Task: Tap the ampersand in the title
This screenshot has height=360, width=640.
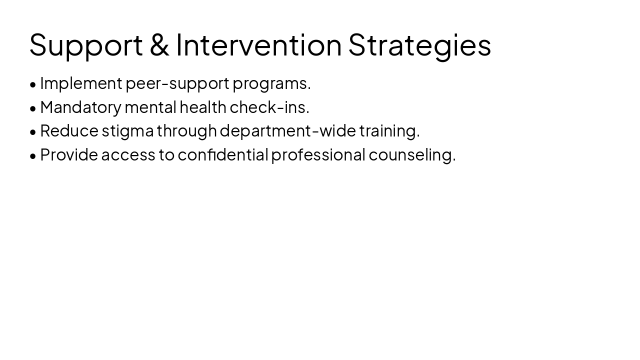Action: pyautogui.click(x=159, y=44)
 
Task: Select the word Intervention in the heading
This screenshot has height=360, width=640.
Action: pyautogui.click(x=258, y=44)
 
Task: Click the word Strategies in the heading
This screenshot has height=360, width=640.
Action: pyautogui.click(x=419, y=45)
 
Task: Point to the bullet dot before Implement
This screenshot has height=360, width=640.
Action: pyautogui.click(x=33, y=84)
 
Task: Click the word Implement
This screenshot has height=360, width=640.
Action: pyautogui.click(x=81, y=83)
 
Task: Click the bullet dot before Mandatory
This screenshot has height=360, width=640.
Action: pyautogui.click(x=33, y=108)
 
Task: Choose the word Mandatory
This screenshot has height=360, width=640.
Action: pyautogui.click(x=81, y=107)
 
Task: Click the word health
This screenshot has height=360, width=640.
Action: pyautogui.click(x=202, y=106)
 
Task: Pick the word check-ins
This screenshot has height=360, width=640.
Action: pyautogui.click(x=269, y=106)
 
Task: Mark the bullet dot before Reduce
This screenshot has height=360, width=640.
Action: pyautogui.click(x=33, y=132)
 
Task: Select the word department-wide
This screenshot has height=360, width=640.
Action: pyautogui.click(x=287, y=130)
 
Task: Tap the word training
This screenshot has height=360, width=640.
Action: pyautogui.click(x=389, y=131)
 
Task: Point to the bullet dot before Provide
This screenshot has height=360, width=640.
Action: pyautogui.click(x=33, y=156)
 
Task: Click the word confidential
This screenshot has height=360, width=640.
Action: pyautogui.click(x=223, y=154)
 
